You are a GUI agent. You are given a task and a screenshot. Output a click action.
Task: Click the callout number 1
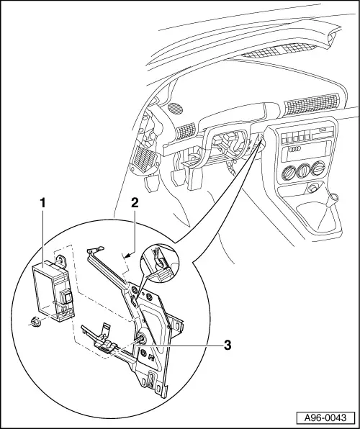(42, 203)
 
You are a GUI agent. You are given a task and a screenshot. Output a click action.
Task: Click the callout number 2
(135, 203)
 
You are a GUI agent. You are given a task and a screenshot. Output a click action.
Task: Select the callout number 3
(228, 346)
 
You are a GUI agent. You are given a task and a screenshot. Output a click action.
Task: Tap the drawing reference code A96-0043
(325, 417)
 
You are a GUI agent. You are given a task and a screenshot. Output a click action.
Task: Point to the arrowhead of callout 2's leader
(126, 256)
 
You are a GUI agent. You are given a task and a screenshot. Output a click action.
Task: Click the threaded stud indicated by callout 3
(142, 338)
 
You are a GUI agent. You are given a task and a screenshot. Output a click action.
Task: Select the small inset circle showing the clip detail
(159, 263)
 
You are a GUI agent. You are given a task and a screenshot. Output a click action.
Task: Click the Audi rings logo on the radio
(296, 148)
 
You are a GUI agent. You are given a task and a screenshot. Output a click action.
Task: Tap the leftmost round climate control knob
(289, 172)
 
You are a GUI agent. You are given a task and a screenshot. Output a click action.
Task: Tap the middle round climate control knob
(303, 170)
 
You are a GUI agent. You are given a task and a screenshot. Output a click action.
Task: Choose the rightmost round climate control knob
(318, 168)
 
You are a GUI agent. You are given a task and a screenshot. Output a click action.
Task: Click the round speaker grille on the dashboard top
(175, 107)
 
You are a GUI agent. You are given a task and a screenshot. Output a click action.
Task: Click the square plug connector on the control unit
(66, 297)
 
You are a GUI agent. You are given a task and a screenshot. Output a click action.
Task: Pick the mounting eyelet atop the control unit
(62, 260)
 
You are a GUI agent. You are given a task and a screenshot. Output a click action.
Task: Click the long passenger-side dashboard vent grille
(312, 104)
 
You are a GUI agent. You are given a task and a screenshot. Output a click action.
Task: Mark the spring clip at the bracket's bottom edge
(151, 379)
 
